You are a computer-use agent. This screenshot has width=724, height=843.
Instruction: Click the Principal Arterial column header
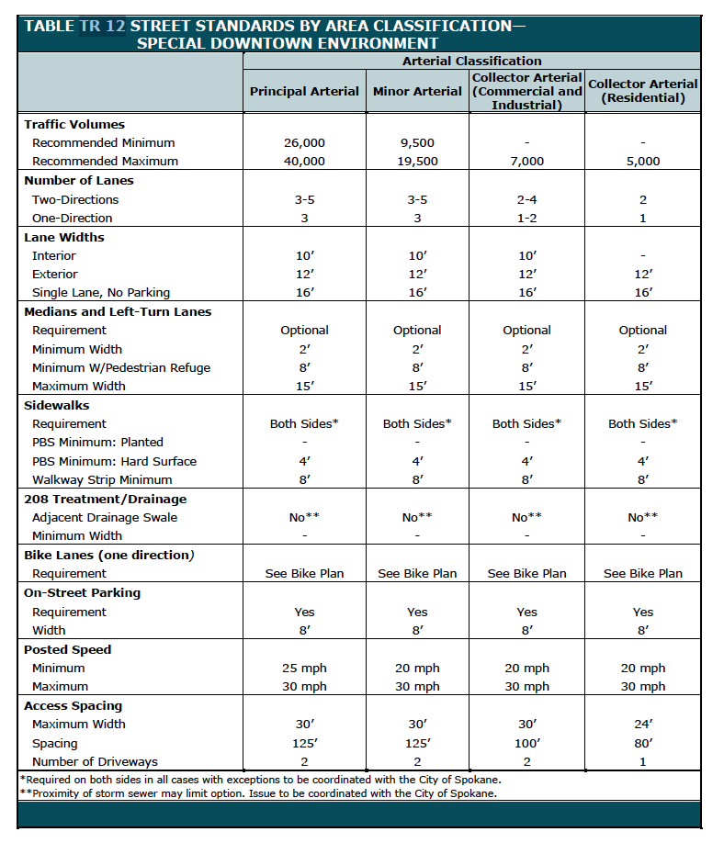(304, 91)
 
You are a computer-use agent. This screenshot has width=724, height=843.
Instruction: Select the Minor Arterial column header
(417, 91)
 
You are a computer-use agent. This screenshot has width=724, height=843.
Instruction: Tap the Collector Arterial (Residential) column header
(643, 91)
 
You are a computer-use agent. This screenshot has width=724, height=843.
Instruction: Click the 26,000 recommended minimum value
(304, 142)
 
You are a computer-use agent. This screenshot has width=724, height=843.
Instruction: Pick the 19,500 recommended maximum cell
(417, 161)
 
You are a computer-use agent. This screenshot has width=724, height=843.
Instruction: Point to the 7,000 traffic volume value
(526, 161)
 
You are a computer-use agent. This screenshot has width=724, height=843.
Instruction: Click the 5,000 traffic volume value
(643, 161)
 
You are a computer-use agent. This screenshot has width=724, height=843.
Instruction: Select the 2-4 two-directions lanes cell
(526, 199)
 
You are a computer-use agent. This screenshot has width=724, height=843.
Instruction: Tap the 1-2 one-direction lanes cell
(526, 218)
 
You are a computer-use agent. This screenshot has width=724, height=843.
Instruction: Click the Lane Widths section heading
(64, 237)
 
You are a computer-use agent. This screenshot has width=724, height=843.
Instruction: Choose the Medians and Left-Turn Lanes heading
(118, 311)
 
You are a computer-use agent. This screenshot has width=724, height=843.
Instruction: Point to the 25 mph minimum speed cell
(304, 668)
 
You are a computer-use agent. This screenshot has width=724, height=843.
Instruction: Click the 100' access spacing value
(526, 743)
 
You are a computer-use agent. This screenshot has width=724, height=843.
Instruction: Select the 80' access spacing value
(643, 743)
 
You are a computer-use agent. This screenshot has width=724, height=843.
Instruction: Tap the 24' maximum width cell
(643, 724)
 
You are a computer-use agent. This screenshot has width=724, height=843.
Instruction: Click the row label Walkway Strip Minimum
(102, 479)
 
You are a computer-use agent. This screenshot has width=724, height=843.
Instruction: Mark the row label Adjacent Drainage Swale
(105, 517)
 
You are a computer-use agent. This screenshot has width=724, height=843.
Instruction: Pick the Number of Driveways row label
(95, 761)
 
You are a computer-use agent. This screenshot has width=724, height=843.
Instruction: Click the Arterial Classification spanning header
(471, 61)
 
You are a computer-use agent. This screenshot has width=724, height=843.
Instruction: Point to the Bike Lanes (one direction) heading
(108, 555)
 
